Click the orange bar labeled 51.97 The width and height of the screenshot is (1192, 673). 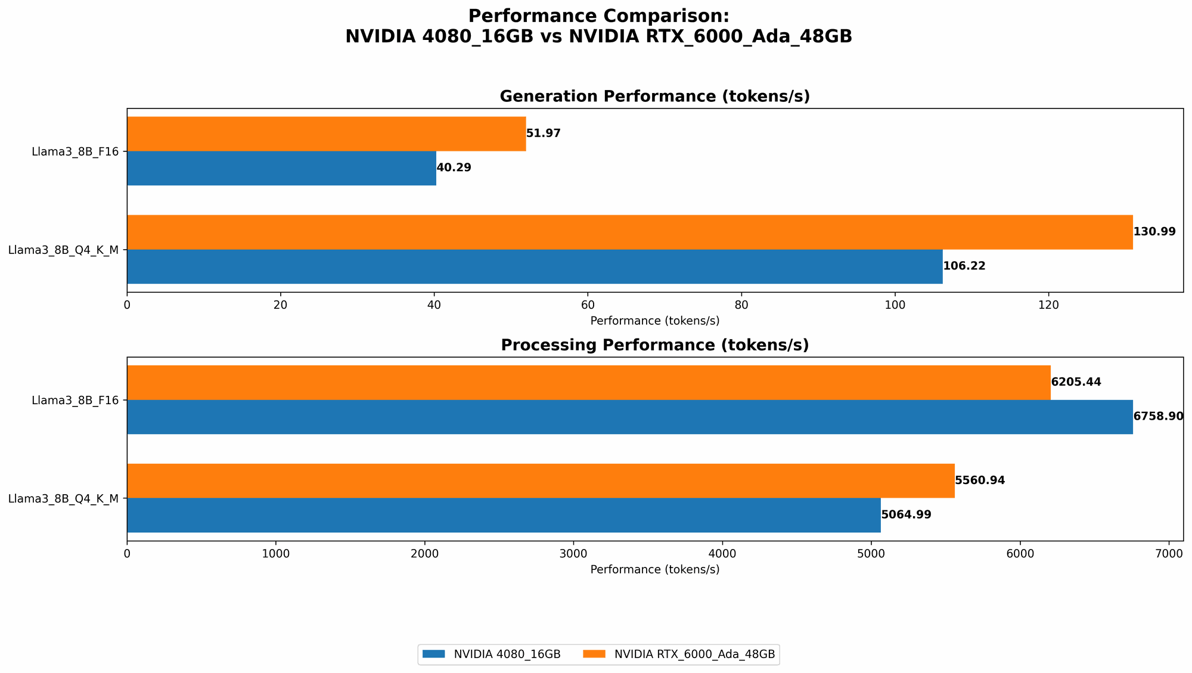pos(326,134)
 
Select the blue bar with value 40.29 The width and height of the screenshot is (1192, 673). pos(281,168)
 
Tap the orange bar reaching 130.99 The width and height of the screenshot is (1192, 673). pos(629,232)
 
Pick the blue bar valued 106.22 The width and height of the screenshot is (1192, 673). pos(535,266)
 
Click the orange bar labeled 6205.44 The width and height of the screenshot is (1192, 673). pos(588,382)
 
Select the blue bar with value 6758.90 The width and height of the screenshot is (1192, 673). pos(629,417)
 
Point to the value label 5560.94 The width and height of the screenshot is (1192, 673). pos(980,480)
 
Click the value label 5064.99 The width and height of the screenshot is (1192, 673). pos(906,515)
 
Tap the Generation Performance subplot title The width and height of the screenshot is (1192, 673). pos(654,97)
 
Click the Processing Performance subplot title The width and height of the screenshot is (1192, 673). pos(654,345)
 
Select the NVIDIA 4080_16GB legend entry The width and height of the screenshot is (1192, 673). pos(491,655)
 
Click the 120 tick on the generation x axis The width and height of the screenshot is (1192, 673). pos(1048,305)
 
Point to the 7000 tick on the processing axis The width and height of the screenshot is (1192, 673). pos(1169,554)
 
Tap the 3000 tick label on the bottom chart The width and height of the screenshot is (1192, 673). pos(573,554)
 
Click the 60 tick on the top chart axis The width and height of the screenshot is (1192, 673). pos(588,305)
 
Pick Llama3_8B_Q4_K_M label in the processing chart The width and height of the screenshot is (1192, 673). pos(63,498)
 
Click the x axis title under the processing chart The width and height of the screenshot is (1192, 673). pos(654,569)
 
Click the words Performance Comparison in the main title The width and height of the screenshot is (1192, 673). pos(598,16)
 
